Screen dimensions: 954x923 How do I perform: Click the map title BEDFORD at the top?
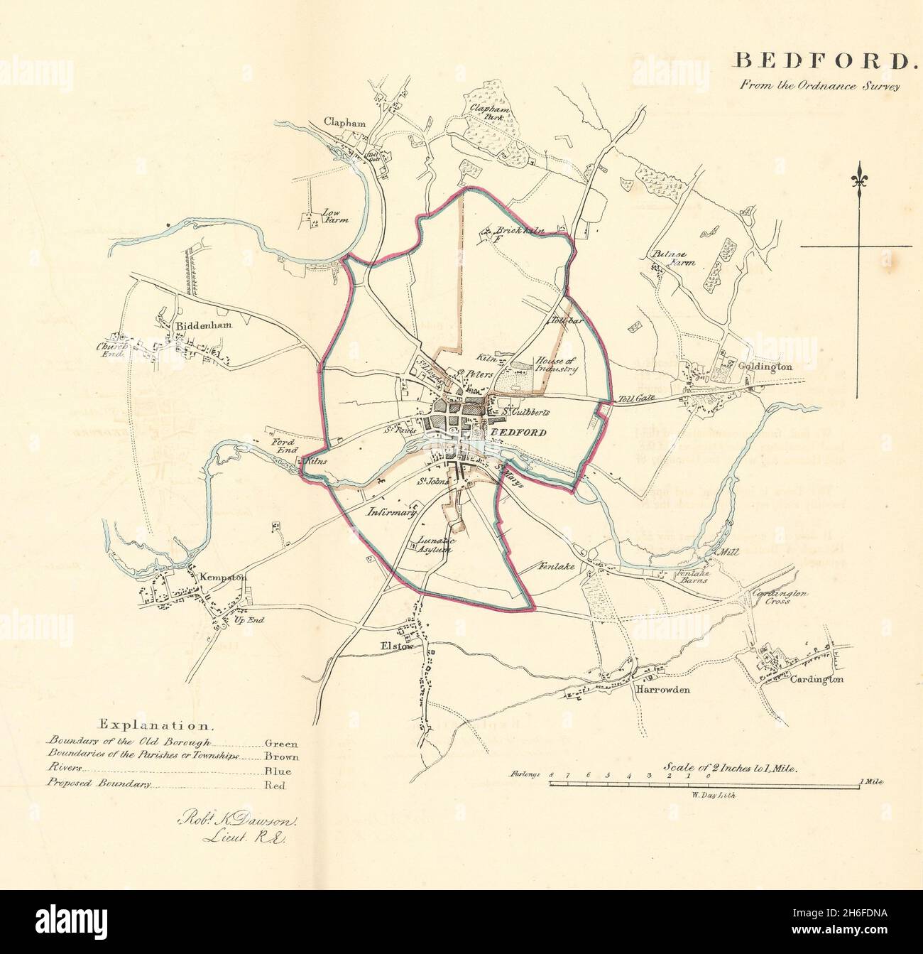[821, 61]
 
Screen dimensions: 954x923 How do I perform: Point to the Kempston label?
[223, 578]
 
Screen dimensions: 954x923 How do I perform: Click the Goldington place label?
[765, 367]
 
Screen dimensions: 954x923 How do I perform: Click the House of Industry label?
[557, 364]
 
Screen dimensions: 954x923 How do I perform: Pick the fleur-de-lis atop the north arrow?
[861, 174]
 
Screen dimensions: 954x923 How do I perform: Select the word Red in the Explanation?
[274, 785]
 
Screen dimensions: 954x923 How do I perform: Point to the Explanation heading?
[155, 725]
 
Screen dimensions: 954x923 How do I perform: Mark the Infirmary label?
[390, 511]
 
